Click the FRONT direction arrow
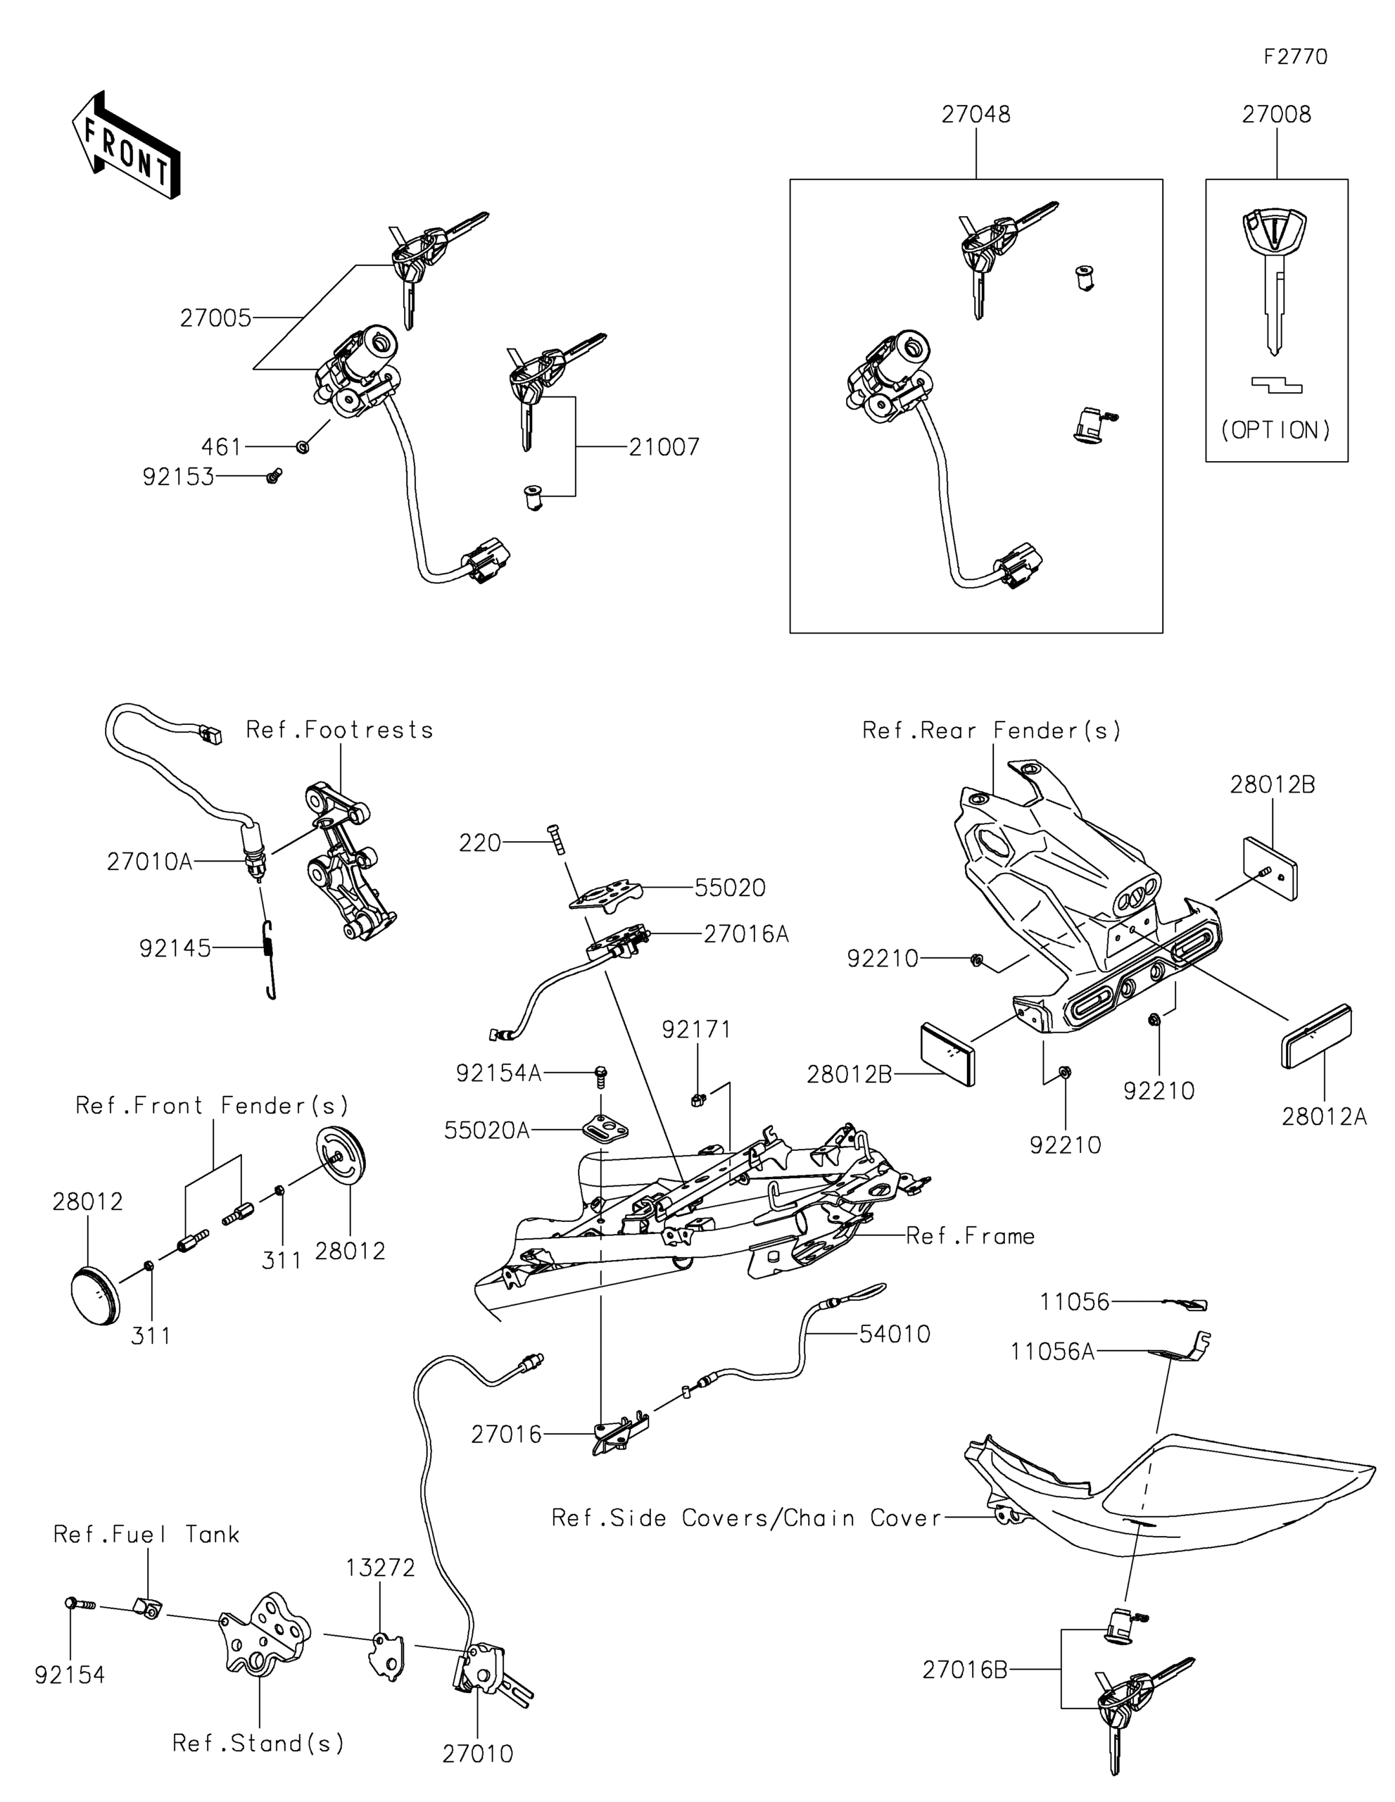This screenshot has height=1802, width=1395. (126, 144)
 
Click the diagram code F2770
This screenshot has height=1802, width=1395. (1295, 57)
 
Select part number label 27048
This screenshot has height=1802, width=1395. (976, 115)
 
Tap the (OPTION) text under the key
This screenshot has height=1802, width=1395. (1275, 430)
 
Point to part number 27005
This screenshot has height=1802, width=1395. (215, 318)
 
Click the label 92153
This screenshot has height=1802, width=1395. (178, 477)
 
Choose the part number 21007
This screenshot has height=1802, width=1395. (664, 447)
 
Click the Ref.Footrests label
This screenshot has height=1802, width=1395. (340, 730)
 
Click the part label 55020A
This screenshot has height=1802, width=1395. (487, 1130)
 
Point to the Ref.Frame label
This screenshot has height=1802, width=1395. (970, 1236)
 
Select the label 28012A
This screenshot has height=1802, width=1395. (1324, 1116)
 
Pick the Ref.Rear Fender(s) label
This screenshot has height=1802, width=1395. (992, 730)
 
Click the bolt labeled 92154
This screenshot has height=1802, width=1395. (80, 1604)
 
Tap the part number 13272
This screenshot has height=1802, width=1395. (380, 1568)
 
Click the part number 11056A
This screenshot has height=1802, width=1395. (1053, 1351)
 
